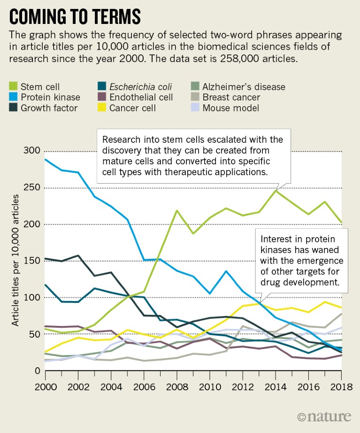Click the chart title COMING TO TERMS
coord(75,16)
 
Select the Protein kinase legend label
coord(50,98)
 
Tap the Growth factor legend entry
coord(50,108)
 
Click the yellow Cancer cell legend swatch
coord(101,108)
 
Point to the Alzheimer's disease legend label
coord(244,87)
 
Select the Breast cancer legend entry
coord(231,98)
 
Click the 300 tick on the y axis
coord(31,151)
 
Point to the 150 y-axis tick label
coord(31,261)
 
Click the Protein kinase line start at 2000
coord(46,160)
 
